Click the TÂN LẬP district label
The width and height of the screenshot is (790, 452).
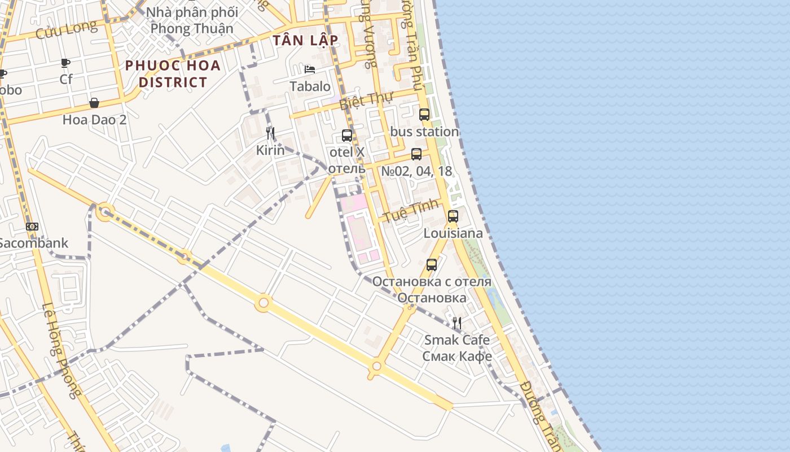305,40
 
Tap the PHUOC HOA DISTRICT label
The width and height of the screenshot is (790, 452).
173,73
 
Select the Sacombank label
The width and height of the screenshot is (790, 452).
33,244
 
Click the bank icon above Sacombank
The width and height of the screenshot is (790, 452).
32,227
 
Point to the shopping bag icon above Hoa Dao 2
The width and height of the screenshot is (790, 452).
94,103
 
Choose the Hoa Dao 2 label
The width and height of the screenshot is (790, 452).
94,120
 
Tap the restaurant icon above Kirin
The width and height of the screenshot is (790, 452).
270,133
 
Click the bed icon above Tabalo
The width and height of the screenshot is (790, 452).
310,69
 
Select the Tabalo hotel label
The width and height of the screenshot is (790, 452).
310,86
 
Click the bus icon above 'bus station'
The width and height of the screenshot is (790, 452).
424,115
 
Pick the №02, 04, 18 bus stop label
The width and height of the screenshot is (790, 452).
416,171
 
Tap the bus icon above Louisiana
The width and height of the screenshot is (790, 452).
453,216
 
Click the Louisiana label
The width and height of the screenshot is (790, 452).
453,233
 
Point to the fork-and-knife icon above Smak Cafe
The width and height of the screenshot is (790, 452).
457,323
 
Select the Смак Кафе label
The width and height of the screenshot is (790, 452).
457,357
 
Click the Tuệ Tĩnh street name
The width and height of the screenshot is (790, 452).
411,211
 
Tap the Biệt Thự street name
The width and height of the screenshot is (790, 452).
366,101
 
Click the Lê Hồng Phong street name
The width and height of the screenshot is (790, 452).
59,350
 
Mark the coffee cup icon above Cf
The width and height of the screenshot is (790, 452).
66,63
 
